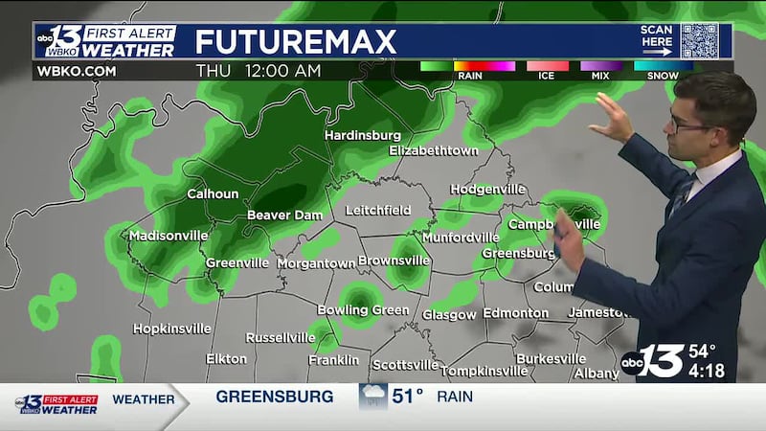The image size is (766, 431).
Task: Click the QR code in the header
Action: [x=699, y=41]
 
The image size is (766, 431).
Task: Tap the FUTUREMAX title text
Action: [x=295, y=42]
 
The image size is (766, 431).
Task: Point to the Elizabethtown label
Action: [x=433, y=151]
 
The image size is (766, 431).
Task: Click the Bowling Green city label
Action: [x=364, y=310]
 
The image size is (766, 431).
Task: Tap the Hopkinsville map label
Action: [x=171, y=329]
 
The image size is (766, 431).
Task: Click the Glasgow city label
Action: [x=449, y=315]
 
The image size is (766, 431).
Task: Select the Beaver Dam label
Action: [x=284, y=215]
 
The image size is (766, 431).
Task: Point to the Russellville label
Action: [x=281, y=338]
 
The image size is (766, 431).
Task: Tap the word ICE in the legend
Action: [x=546, y=76]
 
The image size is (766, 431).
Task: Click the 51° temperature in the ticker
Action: [x=406, y=396]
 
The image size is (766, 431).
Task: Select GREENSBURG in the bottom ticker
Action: [x=275, y=396]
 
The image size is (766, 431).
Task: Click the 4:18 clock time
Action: [x=707, y=370]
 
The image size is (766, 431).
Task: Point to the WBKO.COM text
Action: [x=76, y=71]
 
